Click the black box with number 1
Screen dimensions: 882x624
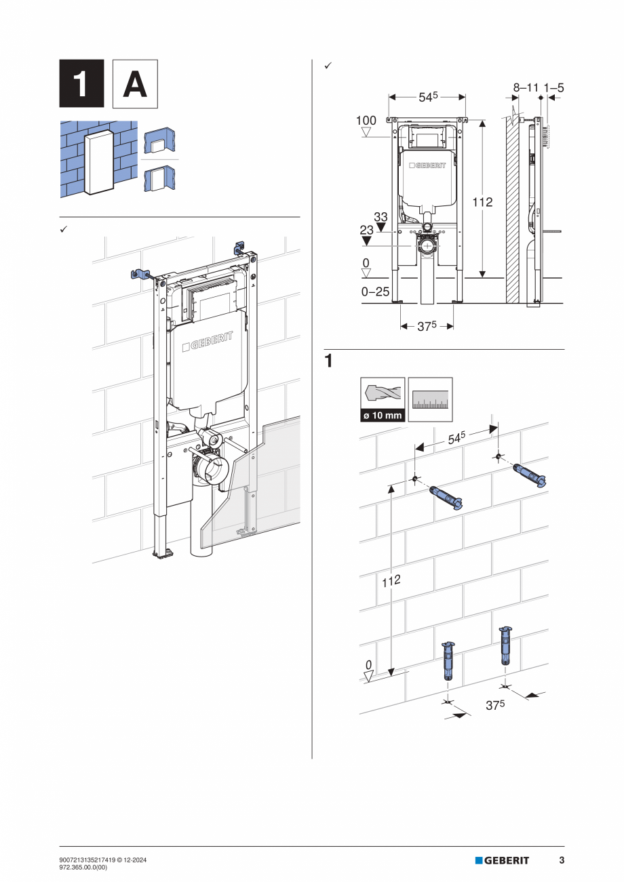(81, 83)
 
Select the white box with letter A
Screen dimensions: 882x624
(134, 83)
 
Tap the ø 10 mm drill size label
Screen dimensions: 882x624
(383, 415)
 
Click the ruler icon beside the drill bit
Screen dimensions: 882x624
(430, 399)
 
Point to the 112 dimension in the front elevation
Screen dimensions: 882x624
(482, 202)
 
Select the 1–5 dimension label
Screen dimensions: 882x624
(553, 87)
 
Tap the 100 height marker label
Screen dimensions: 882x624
(366, 121)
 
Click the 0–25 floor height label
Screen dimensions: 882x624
(375, 292)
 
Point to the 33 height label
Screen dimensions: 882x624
(381, 218)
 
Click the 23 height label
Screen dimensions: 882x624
(367, 230)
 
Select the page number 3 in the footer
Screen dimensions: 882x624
(562, 860)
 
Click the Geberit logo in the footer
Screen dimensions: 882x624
(502, 860)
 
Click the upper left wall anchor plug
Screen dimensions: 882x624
(445, 496)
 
